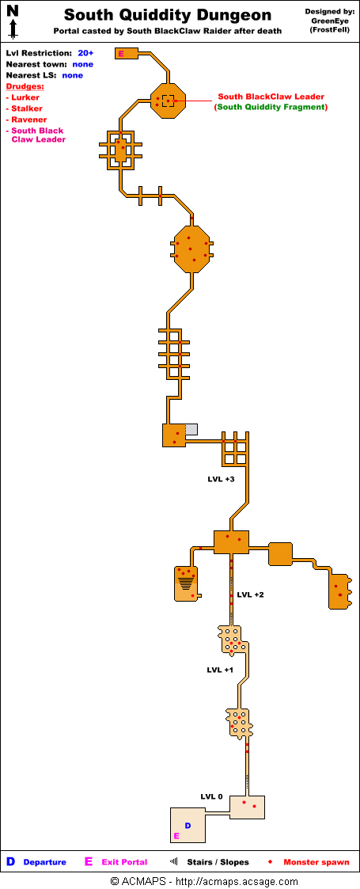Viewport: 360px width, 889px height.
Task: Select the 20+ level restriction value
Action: click(x=85, y=53)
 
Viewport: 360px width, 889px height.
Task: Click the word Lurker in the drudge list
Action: click(x=25, y=97)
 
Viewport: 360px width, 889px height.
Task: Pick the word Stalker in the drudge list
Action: click(x=27, y=108)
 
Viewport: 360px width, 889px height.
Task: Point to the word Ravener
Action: click(x=29, y=120)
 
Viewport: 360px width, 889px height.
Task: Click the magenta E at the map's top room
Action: click(x=121, y=54)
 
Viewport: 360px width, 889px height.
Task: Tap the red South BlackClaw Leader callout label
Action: click(x=271, y=97)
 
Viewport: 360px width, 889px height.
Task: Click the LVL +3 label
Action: click(x=221, y=479)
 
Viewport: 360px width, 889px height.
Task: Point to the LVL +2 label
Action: click(x=250, y=595)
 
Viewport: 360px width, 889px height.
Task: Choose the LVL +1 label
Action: click(x=220, y=670)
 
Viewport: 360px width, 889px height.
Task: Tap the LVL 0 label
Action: click(x=212, y=796)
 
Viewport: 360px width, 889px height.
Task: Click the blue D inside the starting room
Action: click(x=188, y=826)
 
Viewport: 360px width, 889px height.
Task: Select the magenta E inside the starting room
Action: click(x=176, y=836)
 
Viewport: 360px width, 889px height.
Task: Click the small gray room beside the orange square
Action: click(x=191, y=429)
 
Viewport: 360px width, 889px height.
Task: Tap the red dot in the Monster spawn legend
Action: click(x=271, y=862)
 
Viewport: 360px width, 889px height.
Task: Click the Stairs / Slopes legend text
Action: click(x=218, y=862)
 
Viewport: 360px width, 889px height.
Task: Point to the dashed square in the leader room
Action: click(x=169, y=101)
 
